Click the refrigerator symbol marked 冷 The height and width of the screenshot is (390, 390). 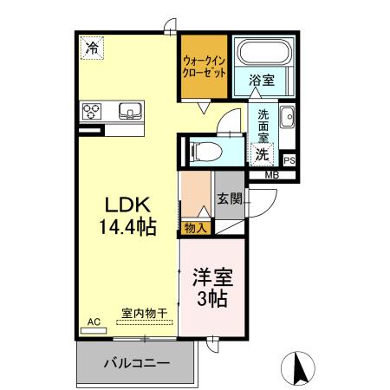click(92, 49)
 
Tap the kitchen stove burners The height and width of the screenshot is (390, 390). click(94, 111)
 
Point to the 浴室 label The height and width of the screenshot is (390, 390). click(262, 81)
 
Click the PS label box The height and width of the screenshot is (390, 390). click(289, 159)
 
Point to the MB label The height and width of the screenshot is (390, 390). click(271, 176)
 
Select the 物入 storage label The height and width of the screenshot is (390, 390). click(196, 228)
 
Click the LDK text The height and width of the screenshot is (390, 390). click(129, 205)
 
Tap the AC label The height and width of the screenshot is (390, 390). click(94, 322)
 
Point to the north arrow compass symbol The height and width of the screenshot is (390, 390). click(300, 367)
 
